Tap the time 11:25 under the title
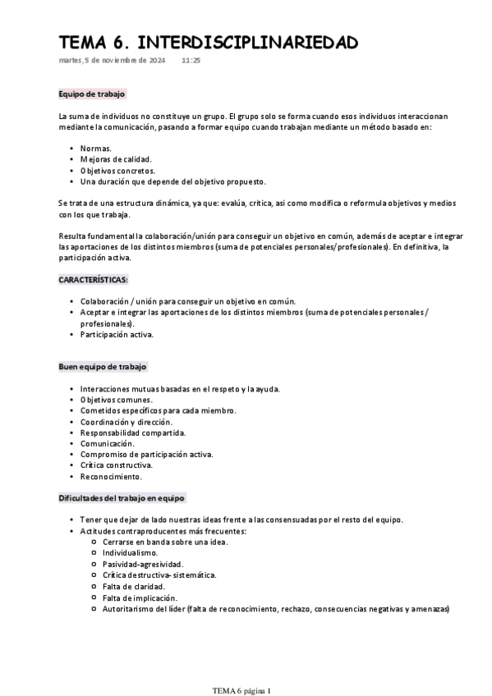coord(191,61)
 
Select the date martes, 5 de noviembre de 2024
coord(113,61)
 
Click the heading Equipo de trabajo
coord(91,94)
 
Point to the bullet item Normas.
coord(96,148)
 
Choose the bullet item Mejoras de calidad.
coord(116,158)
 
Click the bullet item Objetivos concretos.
coord(117,170)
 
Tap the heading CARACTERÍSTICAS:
coord(94,280)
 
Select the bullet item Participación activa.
coord(117,334)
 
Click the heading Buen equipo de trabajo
coord(103,366)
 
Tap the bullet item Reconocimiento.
coord(111,476)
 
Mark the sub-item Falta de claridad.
coord(133,587)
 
